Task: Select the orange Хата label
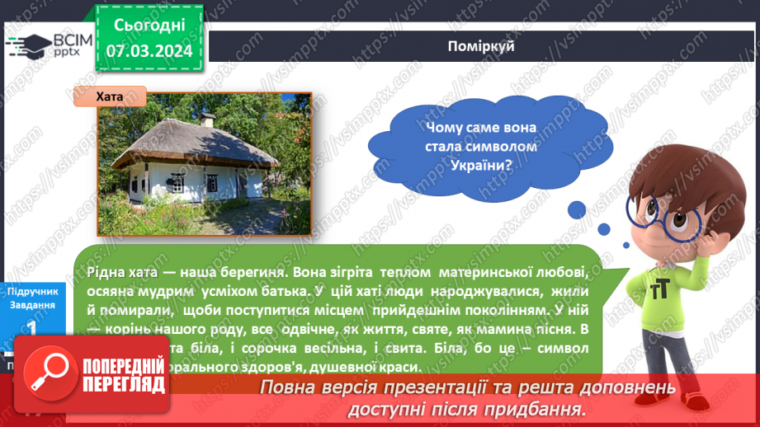click(x=110, y=97)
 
